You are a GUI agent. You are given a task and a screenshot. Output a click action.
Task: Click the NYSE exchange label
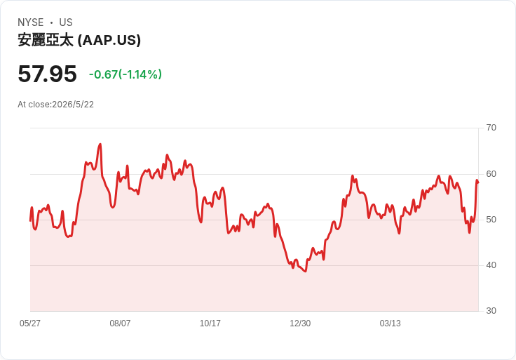[31, 22]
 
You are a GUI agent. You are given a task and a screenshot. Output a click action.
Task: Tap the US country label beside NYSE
[66, 22]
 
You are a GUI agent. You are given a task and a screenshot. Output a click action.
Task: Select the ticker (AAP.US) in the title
[109, 40]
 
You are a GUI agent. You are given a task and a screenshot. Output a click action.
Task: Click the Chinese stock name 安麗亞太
[46, 40]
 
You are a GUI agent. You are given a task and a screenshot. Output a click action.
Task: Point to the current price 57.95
[48, 74]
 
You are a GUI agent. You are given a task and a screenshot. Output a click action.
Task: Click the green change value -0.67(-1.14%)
[125, 74]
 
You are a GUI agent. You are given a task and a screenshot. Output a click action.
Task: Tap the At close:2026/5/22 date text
[55, 105]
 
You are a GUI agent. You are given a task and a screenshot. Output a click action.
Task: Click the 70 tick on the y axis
[491, 128]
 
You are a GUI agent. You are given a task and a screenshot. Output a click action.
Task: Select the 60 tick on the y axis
[491, 174]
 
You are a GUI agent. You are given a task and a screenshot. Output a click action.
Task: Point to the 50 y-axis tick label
[491, 220]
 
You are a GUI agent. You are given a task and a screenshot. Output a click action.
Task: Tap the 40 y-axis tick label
[491, 265]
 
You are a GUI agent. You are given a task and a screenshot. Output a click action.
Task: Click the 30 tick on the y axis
[491, 311]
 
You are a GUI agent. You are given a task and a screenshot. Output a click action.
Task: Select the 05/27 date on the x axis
[30, 324]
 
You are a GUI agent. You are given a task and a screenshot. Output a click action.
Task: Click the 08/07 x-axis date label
[120, 324]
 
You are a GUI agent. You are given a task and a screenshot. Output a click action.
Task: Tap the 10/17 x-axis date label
[210, 324]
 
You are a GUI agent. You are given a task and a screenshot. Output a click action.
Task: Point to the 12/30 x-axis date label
[300, 324]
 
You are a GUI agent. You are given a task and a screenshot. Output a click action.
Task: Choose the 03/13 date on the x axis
[390, 324]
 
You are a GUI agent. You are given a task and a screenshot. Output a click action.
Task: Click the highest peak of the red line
[100, 144]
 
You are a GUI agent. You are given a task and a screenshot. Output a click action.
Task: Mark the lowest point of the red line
[306, 272]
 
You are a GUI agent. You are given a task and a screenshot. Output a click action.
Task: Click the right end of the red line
[478, 182]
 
